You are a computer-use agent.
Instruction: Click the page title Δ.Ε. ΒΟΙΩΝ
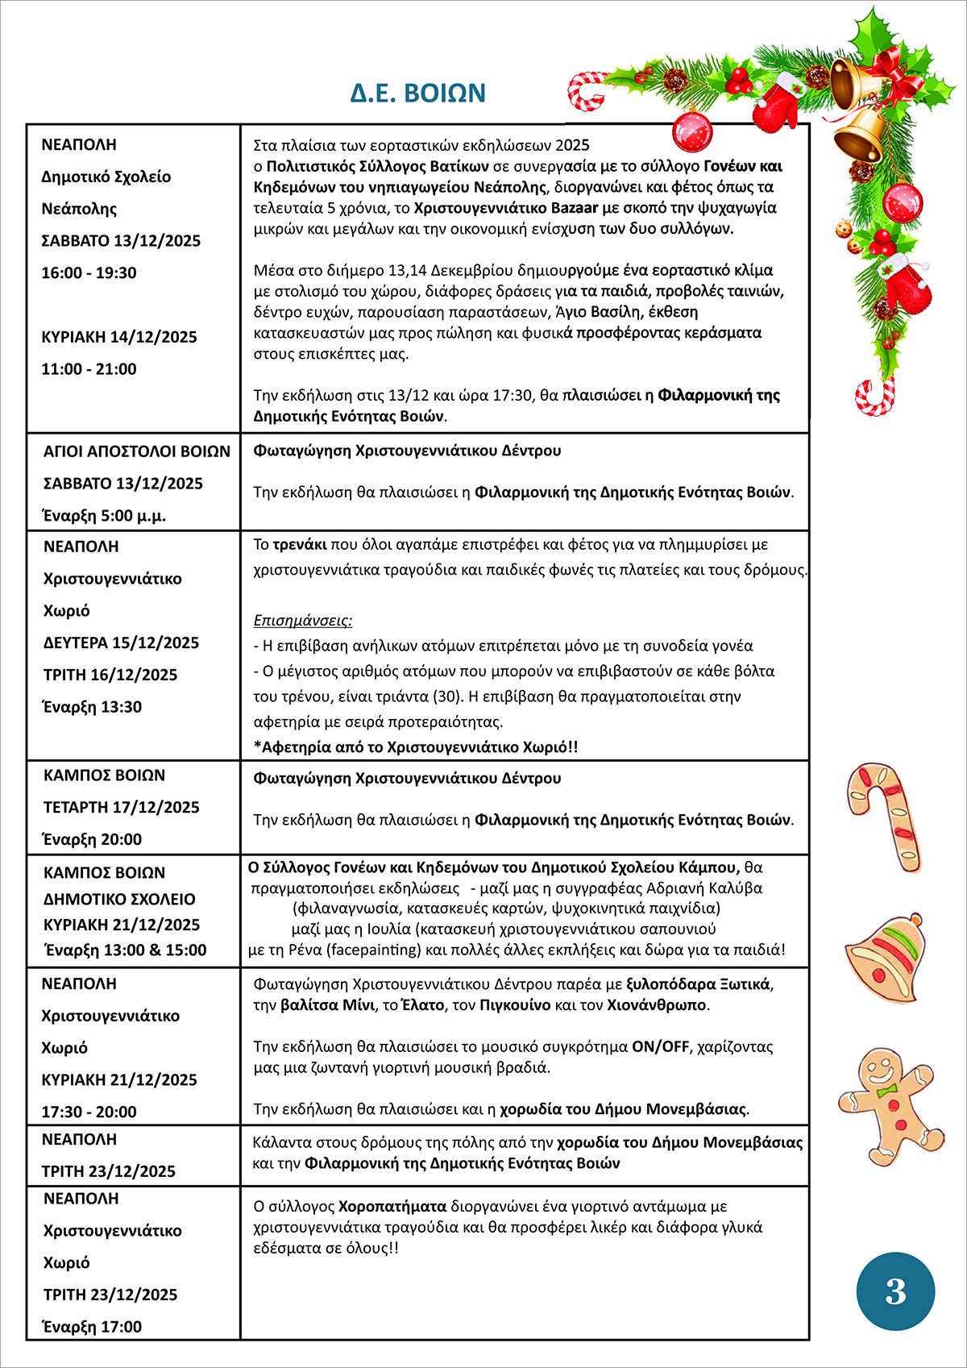click(417, 93)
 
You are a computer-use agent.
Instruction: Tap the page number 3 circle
click(895, 1291)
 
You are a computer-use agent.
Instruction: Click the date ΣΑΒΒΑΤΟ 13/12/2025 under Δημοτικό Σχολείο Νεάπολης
click(121, 240)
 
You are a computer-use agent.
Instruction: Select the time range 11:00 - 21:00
click(89, 369)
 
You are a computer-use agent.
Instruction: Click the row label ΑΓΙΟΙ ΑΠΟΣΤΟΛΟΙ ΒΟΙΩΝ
click(136, 451)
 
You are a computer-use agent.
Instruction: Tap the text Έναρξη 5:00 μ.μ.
click(105, 516)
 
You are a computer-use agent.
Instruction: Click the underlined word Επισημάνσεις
click(302, 621)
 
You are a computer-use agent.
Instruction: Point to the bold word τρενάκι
click(299, 544)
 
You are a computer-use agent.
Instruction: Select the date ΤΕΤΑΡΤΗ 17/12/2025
click(121, 807)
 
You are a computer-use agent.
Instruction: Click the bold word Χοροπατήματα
click(392, 1207)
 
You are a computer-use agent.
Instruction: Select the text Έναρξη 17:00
click(93, 1327)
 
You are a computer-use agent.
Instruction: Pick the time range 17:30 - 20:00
click(89, 1112)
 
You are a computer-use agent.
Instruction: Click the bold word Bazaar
click(575, 208)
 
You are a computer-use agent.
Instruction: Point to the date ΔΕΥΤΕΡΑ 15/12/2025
click(121, 642)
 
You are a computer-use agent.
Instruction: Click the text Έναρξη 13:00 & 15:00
click(126, 950)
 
